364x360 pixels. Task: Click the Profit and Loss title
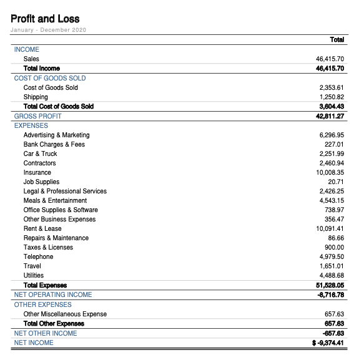(45, 19)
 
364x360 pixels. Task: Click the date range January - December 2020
(48, 30)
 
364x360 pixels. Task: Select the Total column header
(337, 40)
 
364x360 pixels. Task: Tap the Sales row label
(31, 59)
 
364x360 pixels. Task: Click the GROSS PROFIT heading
(38, 116)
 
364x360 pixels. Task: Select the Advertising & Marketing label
(56, 135)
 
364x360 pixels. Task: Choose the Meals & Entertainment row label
(55, 200)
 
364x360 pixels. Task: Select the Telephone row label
(38, 256)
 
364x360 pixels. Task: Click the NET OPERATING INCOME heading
(53, 294)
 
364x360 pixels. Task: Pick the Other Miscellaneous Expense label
(65, 314)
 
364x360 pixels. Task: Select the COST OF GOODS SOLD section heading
(50, 78)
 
